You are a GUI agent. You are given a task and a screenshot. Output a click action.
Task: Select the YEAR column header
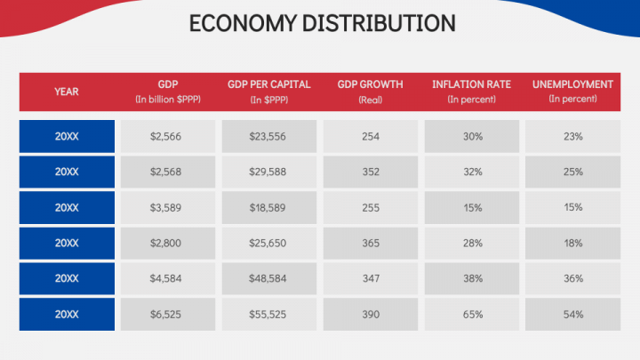coord(67,92)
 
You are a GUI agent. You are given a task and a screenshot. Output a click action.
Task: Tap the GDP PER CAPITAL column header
coord(269,84)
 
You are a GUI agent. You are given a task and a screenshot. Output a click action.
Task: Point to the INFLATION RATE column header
coord(472,84)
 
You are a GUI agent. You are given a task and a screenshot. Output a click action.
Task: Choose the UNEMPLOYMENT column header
coord(572,84)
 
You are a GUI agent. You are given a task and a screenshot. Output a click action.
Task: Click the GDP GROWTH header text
coord(371,84)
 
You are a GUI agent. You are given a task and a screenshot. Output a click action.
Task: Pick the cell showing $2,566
coord(168,136)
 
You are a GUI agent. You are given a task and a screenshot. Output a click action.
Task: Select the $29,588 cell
coord(269,172)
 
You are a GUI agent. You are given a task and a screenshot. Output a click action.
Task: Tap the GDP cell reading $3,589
coord(168,207)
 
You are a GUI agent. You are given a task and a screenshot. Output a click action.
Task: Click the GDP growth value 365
coord(371,243)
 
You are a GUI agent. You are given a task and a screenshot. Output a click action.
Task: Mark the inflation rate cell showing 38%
coord(472,278)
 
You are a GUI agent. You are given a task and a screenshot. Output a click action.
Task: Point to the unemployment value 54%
coord(572,315)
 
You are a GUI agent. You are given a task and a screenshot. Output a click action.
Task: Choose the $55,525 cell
coord(269,315)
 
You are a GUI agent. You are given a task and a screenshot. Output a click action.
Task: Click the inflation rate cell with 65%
coord(472,315)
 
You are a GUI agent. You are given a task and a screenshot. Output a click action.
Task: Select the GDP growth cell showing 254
coord(371,136)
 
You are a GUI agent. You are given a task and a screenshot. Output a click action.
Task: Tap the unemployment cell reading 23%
coord(572,136)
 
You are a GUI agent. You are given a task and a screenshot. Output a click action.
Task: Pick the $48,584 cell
coord(269,278)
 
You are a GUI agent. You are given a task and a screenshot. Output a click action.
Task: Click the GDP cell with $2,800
coord(168,243)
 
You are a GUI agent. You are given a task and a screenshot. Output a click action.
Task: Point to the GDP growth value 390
coord(371,315)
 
